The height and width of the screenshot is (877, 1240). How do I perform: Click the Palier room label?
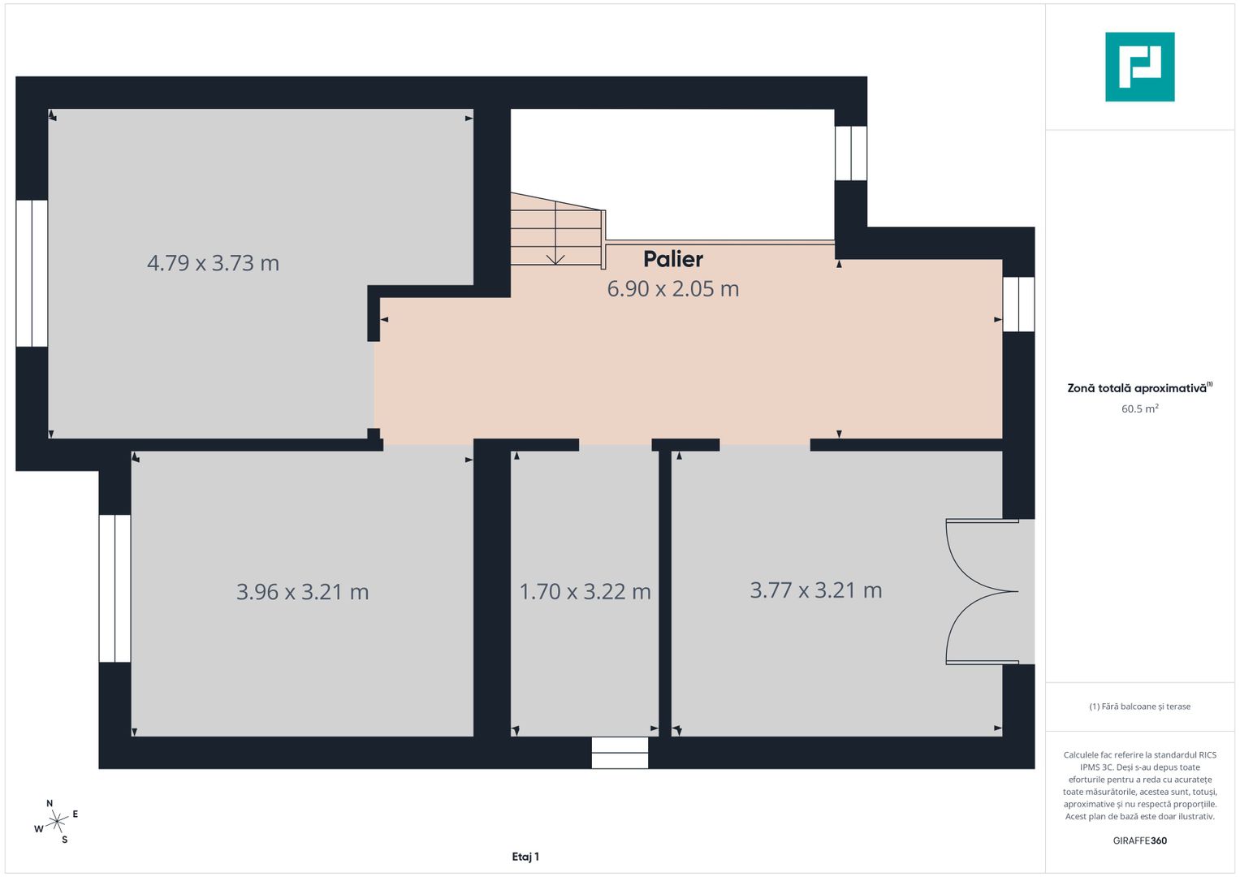[x=673, y=259]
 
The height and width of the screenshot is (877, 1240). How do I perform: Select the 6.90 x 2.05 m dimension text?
[x=673, y=289]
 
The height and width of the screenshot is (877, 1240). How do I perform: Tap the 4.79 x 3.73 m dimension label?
[x=213, y=263]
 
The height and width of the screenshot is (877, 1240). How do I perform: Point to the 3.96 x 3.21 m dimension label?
[x=302, y=592]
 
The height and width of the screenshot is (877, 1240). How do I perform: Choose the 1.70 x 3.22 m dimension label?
[x=585, y=592]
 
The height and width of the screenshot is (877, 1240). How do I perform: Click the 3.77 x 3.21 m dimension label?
[x=815, y=590]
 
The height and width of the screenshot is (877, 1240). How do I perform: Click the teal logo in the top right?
[x=1139, y=67]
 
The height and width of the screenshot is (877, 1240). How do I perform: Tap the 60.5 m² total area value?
[x=1139, y=409]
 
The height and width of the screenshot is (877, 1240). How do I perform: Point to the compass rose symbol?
[x=56, y=822]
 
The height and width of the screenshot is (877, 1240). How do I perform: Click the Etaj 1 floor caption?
[x=525, y=857]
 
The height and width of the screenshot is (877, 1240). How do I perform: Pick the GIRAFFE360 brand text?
[x=1139, y=840]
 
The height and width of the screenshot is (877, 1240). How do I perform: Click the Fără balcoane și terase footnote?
[x=1139, y=706]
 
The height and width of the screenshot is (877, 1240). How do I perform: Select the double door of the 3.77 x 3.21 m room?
[x=983, y=592]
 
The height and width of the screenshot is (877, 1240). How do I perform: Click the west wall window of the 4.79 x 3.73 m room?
[x=32, y=273]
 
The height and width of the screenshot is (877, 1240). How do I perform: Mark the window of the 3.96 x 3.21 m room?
[x=114, y=588]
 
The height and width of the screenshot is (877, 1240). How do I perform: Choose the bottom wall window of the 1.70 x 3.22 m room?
[x=620, y=753]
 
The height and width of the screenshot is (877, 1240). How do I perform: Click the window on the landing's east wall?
[x=1018, y=305]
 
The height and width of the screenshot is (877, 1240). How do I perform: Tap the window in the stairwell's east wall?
[x=851, y=153]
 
